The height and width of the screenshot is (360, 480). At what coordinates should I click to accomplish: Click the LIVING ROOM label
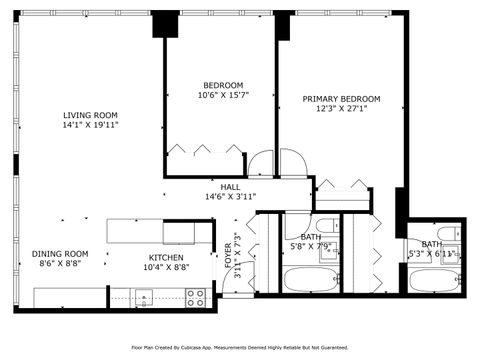[x=90, y=115]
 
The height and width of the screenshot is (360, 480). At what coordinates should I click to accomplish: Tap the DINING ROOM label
[x=60, y=254]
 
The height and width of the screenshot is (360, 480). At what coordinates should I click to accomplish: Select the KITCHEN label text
[x=165, y=256]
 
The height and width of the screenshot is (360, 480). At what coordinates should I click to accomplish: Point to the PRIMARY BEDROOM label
[x=342, y=99]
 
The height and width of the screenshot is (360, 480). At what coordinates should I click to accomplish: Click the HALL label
[x=230, y=187]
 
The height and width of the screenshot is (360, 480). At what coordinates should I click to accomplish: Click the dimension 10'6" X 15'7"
[x=223, y=96]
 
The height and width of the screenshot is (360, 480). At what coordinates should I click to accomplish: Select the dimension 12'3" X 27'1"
[x=342, y=110]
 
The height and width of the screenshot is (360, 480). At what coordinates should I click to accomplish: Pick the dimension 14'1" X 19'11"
[x=90, y=126]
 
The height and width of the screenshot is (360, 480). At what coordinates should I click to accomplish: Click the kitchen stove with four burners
[x=196, y=296]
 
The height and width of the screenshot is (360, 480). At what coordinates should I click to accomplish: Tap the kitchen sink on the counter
[x=144, y=296]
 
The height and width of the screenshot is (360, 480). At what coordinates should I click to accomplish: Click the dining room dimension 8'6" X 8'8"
[x=60, y=266]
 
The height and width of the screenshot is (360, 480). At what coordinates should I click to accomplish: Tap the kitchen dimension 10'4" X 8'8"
[x=165, y=267]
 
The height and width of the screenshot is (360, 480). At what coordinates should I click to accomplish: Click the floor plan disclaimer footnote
[x=240, y=348]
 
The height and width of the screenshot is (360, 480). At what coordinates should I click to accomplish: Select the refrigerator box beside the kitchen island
[x=186, y=232]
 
